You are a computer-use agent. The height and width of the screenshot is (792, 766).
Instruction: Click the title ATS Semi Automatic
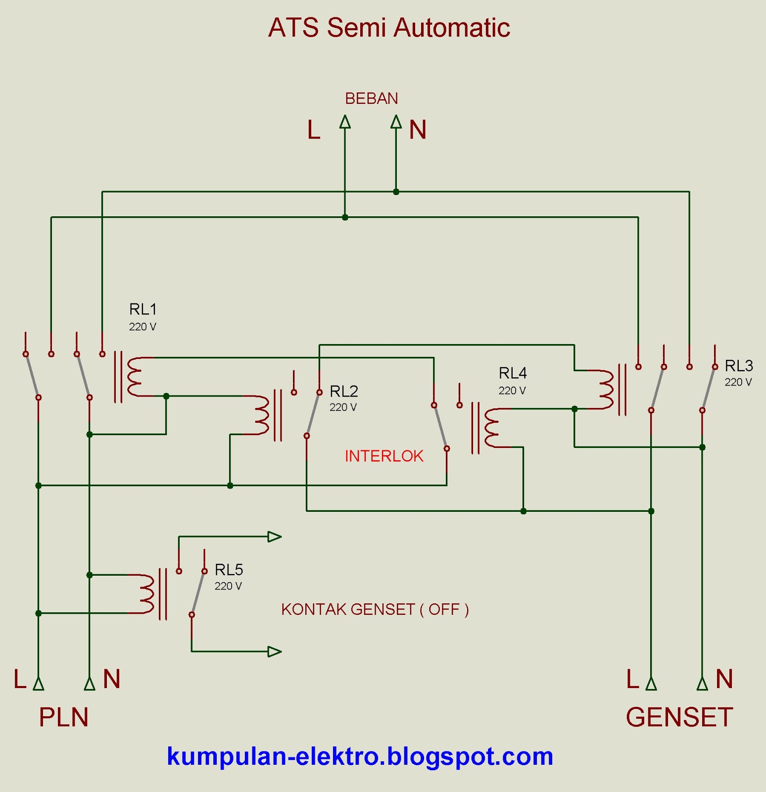389,28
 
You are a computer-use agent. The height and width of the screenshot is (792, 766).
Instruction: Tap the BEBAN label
371,99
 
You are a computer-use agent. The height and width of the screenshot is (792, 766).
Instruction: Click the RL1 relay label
143,309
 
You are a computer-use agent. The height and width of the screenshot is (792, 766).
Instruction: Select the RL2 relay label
343,392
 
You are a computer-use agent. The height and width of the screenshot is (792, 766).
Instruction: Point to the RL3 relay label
738,366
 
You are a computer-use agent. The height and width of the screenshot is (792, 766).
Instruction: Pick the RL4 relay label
512,373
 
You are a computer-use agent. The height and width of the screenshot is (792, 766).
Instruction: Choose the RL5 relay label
229,570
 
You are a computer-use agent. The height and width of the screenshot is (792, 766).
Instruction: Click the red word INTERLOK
384,456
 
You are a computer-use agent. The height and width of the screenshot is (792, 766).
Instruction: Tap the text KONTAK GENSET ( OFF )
375,609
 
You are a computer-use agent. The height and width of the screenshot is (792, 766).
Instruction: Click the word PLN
63,717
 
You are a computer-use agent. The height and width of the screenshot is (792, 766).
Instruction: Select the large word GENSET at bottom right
679,717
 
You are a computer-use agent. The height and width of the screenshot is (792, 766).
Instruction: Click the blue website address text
360,756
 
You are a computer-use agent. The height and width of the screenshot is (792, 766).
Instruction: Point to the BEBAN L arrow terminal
345,122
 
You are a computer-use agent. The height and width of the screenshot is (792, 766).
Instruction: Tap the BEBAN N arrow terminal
396,122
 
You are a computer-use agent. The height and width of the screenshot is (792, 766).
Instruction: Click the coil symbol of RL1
135,377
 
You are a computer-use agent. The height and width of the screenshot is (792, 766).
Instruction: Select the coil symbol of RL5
146,594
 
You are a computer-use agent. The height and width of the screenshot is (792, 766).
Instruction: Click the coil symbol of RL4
492,428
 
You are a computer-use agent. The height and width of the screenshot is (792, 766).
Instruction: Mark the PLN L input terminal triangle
39,684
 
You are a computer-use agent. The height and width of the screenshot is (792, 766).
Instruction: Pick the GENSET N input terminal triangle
702,684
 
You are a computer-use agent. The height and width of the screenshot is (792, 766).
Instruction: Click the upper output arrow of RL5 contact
274,537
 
